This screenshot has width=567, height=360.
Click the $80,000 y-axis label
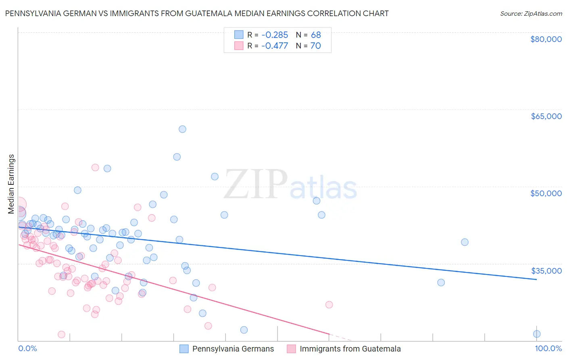point(546,39)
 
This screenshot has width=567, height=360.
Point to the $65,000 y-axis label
point(546,116)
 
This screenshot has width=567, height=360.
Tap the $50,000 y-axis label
point(546,193)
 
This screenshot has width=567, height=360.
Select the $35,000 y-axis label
point(546,271)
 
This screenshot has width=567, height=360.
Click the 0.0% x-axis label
point(27,349)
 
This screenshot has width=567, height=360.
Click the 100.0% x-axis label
point(548,349)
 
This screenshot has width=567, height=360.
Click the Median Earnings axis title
point(11,184)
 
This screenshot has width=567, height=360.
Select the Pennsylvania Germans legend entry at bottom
point(233,349)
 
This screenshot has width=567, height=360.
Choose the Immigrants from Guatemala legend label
point(350,349)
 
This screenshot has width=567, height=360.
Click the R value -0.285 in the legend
point(275,35)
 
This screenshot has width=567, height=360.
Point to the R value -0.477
point(275,46)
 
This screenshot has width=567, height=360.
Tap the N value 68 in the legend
point(316,35)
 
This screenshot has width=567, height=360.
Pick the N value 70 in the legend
point(316,46)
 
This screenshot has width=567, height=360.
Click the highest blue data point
point(182,129)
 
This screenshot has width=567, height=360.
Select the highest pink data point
point(95,167)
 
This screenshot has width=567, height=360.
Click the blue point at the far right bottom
point(537,334)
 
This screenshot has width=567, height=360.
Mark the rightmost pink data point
point(329,305)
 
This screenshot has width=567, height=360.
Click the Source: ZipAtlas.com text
point(531,14)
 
